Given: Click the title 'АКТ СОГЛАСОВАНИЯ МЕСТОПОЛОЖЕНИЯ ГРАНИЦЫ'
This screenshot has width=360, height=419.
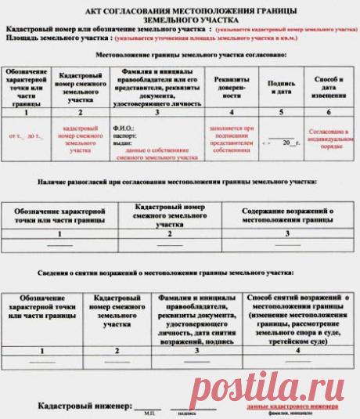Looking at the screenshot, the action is click(180, 9).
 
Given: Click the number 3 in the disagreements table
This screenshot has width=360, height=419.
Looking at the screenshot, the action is click(287, 234).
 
